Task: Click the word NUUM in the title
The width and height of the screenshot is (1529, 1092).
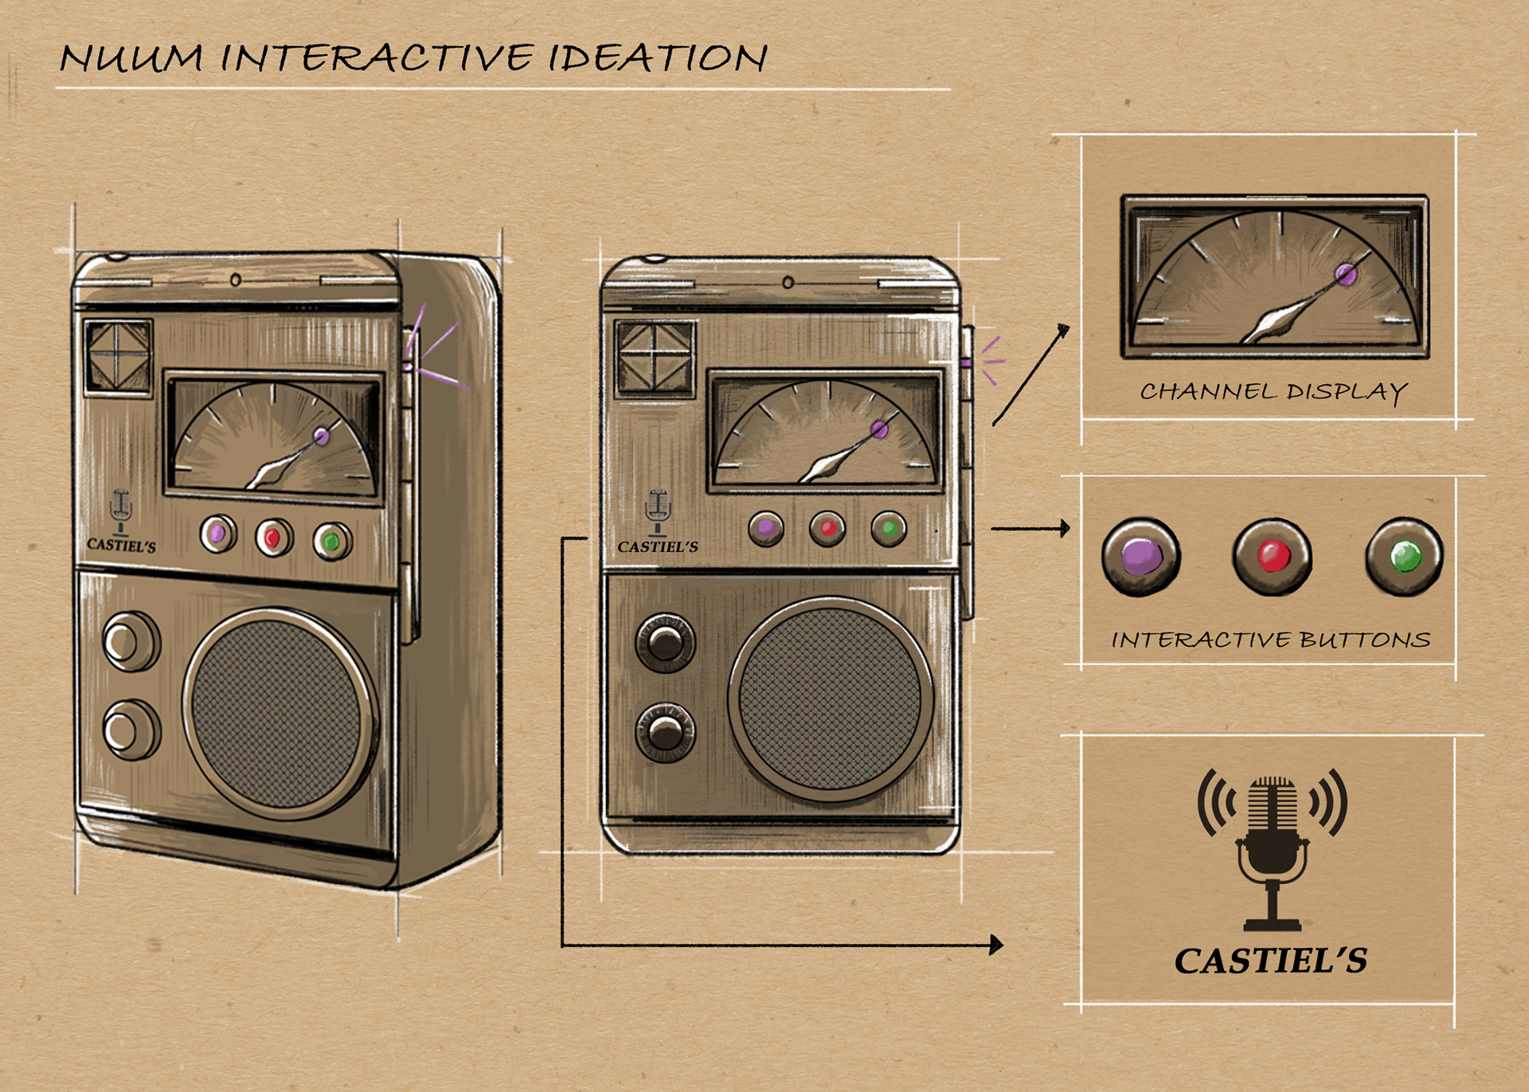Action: pyautogui.click(x=131, y=58)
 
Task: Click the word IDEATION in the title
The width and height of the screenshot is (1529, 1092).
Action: pyautogui.click(x=658, y=57)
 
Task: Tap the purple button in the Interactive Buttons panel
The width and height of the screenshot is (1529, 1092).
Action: pyautogui.click(x=1141, y=556)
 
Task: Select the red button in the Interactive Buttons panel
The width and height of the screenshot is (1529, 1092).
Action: pyautogui.click(x=1272, y=556)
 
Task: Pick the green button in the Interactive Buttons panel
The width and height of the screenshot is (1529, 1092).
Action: pyautogui.click(x=1404, y=556)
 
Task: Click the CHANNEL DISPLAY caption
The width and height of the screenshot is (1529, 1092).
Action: pyautogui.click(x=1273, y=392)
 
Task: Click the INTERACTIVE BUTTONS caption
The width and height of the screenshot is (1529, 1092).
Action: pyautogui.click(x=1271, y=640)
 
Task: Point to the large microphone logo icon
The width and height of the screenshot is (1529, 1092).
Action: pyautogui.click(x=1272, y=849)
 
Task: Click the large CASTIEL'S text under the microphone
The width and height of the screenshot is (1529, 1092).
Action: pyautogui.click(x=1271, y=961)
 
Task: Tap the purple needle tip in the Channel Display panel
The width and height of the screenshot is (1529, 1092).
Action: pyautogui.click(x=1346, y=276)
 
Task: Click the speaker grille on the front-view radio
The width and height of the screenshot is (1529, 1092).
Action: pyautogui.click(x=830, y=699)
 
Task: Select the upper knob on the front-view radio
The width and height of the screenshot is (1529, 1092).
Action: pyautogui.click(x=665, y=643)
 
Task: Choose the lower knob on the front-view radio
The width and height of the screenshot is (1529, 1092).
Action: pyautogui.click(x=665, y=731)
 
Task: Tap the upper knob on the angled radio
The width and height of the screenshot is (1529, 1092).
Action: pyautogui.click(x=130, y=641)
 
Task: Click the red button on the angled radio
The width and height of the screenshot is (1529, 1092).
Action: pyautogui.click(x=273, y=538)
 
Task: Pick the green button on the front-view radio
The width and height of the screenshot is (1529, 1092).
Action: pyautogui.click(x=889, y=528)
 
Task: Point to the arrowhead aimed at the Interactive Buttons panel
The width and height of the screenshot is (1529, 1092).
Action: pyautogui.click(x=1065, y=528)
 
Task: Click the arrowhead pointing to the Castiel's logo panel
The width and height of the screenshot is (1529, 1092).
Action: pyautogui.click(x=996, y=945)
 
